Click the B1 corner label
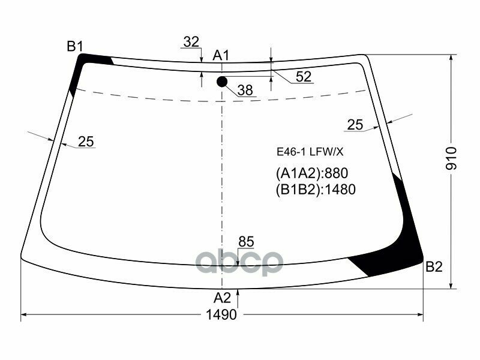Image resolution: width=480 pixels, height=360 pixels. coord(74,46)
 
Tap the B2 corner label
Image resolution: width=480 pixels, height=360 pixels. coord(434,267)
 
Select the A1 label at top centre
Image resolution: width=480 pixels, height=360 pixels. coord(221,56)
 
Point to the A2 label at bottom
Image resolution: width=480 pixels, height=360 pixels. coord(223,298)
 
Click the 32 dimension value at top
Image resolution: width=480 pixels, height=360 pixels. coord(191,42)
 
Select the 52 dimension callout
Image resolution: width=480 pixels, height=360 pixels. coord(304,76)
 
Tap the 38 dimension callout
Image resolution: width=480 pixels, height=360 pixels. coord(245,90)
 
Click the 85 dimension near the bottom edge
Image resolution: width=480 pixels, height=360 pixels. coord(246,241)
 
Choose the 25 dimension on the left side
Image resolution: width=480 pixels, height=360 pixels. coord(86,142)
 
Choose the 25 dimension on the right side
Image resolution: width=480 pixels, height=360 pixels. coord(355,124)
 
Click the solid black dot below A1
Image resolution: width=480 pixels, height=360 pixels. coord(222,82)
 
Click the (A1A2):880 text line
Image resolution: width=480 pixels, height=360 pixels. coord(312,173)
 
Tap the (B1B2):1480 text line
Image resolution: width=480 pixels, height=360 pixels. coord(316,190)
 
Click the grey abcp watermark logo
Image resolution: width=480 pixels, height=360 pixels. coord(240,262)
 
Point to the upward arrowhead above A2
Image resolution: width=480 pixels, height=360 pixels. coord(239,292)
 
